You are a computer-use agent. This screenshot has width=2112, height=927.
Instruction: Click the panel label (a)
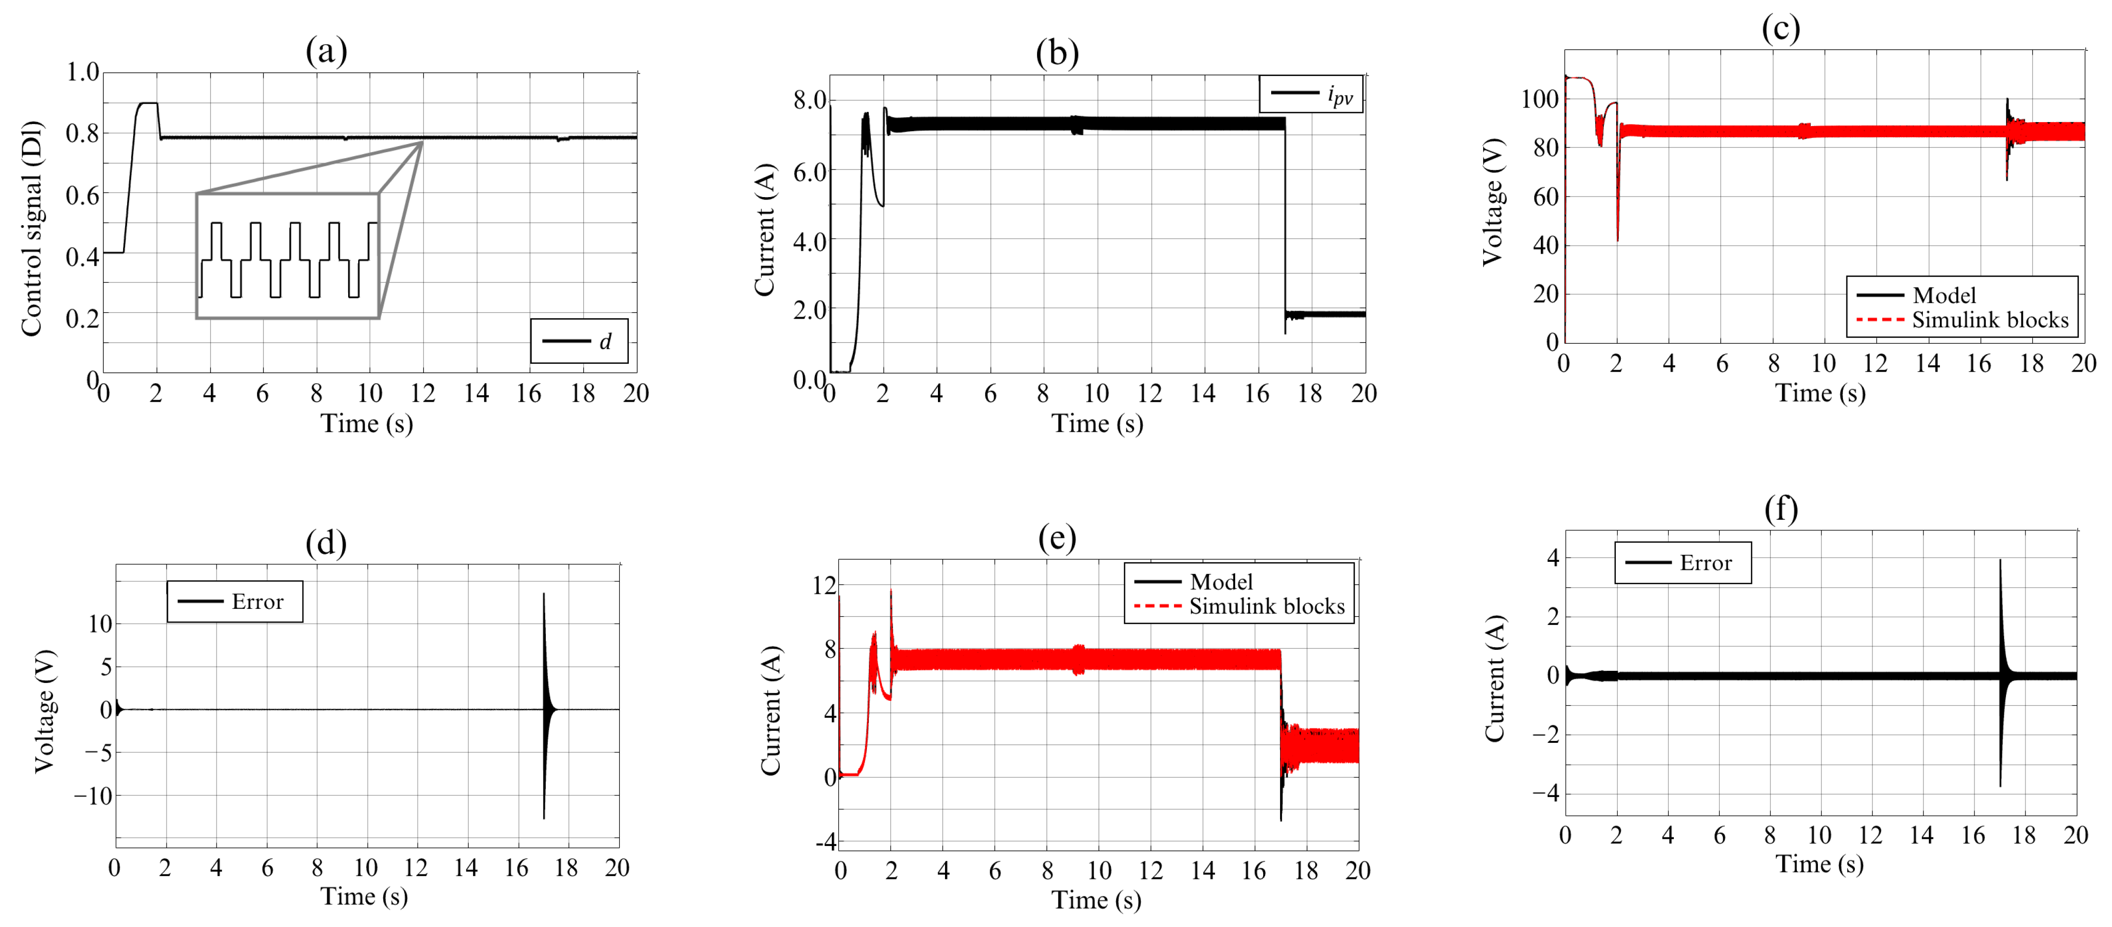[326, 51]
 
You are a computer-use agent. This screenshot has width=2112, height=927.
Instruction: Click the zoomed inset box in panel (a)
[288, 256]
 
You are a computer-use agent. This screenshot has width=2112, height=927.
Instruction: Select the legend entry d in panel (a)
[579, 341]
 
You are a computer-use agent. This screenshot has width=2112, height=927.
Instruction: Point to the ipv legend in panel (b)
[1311, 94]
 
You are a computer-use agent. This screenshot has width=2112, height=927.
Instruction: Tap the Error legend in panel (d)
[235, 602]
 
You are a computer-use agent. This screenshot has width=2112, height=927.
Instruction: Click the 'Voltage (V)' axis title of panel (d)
[45, 711]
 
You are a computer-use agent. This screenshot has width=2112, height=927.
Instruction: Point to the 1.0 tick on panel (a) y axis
[82, 72]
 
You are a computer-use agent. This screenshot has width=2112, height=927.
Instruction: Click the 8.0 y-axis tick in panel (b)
[809, 100]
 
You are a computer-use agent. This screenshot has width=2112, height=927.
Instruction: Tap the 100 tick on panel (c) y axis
[1539, 99]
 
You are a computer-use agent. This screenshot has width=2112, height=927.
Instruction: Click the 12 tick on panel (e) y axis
[824, 585]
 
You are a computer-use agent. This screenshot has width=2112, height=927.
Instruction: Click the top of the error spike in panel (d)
[544, 595]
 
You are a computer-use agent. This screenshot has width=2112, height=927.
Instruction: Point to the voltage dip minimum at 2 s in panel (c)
[1617, 240]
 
